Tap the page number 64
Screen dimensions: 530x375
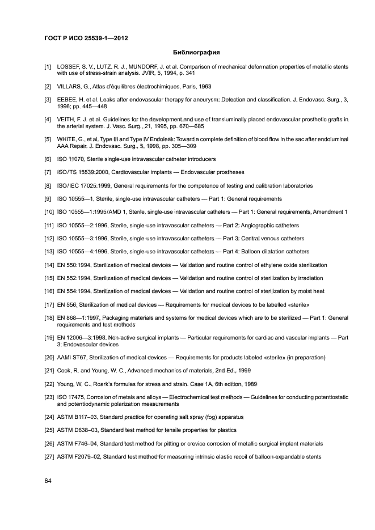pyautogui.click(x=48, y=481)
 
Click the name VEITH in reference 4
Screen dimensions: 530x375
pyautogui.click(x=67, y=120)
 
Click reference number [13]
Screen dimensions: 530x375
pyautogui.click(x=49, y=252)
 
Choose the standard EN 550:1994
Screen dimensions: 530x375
pyautogui.click(x=74, y=265)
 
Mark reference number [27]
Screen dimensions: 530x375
pyautogui.click(x=49, y=457)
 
